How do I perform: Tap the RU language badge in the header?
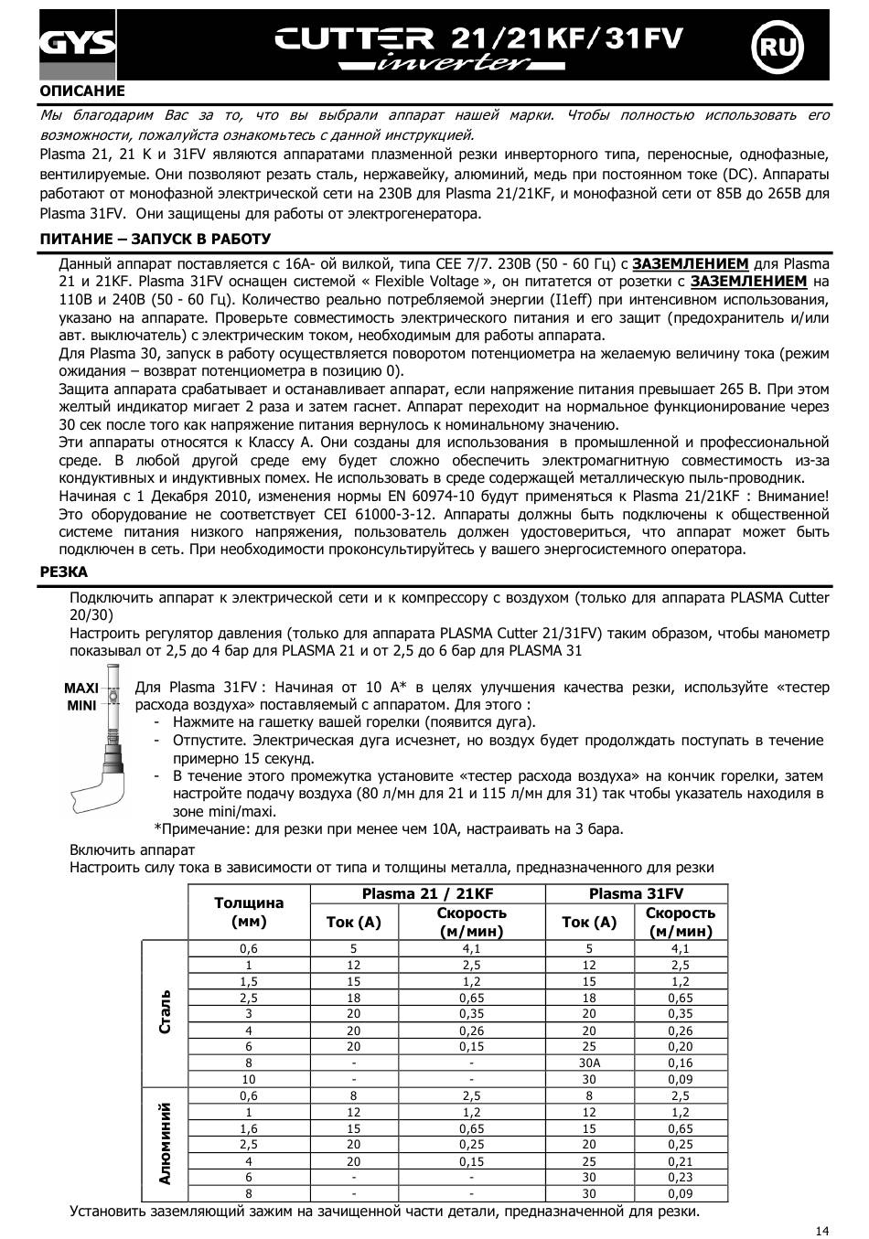point(776,46)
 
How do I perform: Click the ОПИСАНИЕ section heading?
point(82,91)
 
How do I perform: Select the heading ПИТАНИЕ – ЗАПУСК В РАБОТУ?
point(156,239)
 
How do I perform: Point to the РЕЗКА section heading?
point(64,571)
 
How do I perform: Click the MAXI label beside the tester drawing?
point(81,688)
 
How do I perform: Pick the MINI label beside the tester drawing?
point(81,706)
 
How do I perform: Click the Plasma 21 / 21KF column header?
point(427,893)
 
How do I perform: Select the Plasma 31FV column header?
point(636,893)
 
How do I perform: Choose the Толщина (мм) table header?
point(249,912)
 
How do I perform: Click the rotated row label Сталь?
point(166,1011)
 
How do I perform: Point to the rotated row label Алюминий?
point(166,1143)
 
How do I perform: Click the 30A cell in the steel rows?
point(589,1063)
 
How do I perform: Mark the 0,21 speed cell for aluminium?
point(681,1161)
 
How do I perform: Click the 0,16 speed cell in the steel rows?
point(681,1063)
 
